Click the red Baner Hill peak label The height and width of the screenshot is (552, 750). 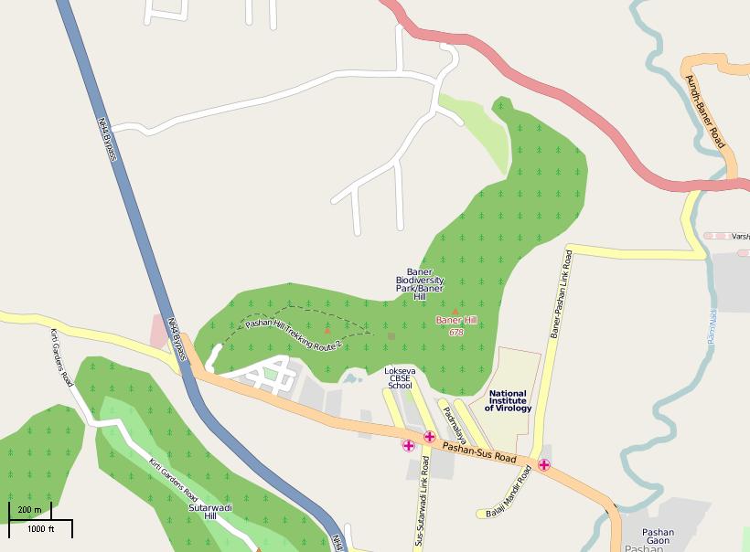click(x=456, y=320)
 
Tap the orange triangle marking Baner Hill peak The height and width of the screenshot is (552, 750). click(x=455, y=312)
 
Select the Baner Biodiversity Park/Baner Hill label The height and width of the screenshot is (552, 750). click(x=420, y=284)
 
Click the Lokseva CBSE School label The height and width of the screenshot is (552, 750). click(x=400, y=378)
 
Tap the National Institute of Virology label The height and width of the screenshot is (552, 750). click(x=508, y=400)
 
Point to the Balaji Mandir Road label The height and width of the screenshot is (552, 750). click(x=509, y=492)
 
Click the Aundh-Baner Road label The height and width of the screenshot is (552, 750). click(x=705, y=111)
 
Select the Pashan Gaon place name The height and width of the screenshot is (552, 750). click(x=658, y=536)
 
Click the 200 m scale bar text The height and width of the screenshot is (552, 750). click(x=30, y=509)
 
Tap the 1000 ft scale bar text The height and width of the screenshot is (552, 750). click(x=40, y=529)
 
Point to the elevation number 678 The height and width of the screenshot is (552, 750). click(x=456, y=332)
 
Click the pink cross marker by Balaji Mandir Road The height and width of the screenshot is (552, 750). click(x=544, y=465)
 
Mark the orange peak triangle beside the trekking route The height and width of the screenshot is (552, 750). click(x=327, y=331)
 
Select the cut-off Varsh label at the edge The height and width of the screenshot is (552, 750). click(x=739, y=236)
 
